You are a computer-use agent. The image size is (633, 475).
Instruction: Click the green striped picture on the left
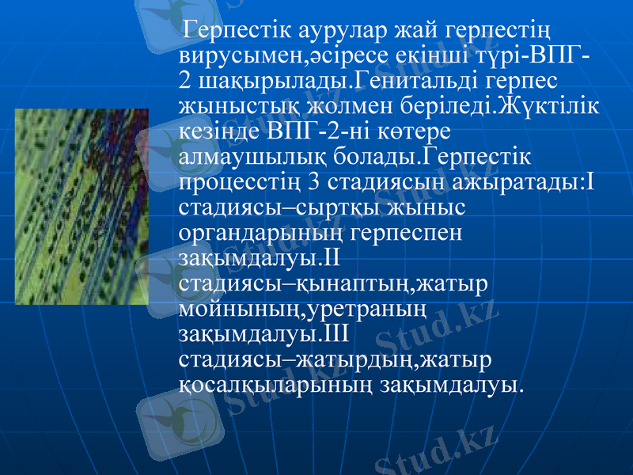click(82, 207)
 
